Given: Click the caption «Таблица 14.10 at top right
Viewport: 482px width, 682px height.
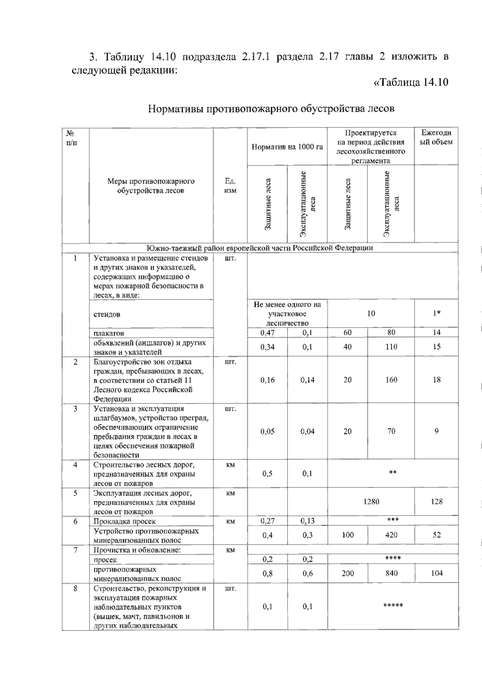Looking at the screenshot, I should [411, 82].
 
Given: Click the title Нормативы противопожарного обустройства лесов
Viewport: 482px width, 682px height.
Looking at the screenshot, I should [271, 109].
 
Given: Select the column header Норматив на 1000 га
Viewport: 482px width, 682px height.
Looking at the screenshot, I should [287, 147].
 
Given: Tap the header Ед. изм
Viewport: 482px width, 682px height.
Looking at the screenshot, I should [230, 186].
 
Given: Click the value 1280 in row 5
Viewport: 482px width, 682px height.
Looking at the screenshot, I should [371, 502].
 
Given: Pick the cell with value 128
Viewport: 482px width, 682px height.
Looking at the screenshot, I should [436, 502].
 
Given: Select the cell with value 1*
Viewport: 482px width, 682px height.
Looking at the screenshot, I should [436, 313].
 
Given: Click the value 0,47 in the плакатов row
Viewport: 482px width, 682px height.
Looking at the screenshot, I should [268, 332].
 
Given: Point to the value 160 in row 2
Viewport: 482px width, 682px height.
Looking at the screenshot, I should [391, 380].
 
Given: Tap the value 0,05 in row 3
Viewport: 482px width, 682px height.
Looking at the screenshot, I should [268, 432].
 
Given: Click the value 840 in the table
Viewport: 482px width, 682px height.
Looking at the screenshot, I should [391, 573].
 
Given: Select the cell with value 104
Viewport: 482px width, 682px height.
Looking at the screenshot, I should [436, 573].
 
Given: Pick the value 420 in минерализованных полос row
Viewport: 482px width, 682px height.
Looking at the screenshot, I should [391, 535].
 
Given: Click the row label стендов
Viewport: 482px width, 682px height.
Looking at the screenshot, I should [107, 314].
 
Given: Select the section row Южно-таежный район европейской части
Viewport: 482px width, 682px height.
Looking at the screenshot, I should [260, 248].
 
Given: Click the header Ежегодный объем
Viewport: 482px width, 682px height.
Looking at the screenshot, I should [436, 137].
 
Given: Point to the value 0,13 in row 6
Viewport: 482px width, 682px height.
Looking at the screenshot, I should [307, 521].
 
